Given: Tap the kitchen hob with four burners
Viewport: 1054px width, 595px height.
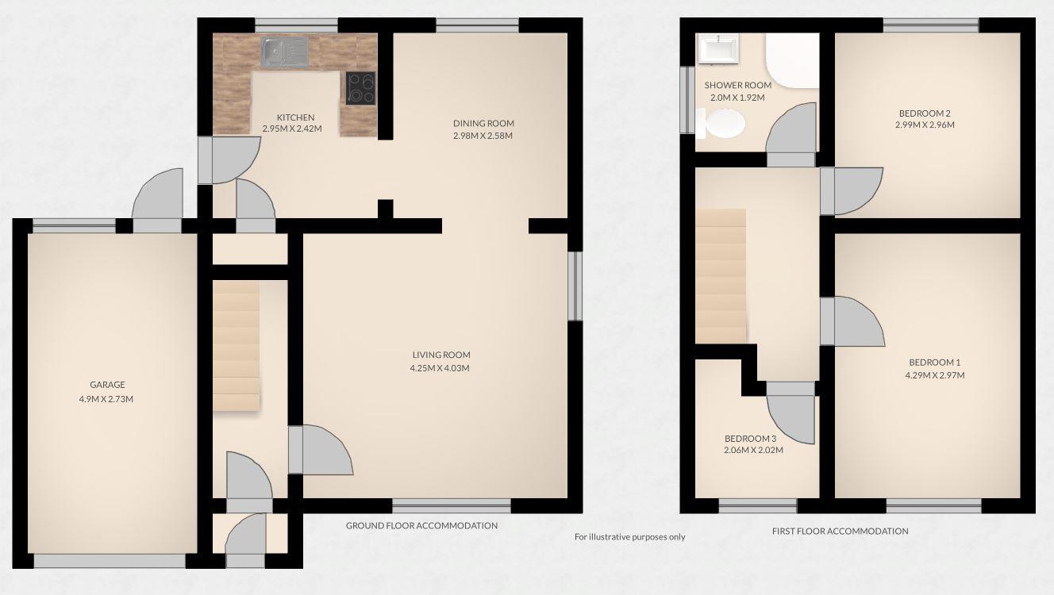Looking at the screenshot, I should pos(361,87).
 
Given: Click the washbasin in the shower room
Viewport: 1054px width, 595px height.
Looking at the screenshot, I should pos(717,49).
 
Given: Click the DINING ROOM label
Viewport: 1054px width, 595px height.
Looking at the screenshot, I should pos(483,123).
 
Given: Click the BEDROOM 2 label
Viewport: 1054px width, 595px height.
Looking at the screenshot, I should pos(925,113).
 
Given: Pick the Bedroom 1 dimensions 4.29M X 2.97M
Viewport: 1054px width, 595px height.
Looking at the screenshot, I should pos(936,375).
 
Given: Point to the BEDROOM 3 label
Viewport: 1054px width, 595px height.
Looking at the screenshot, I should pos(750,439).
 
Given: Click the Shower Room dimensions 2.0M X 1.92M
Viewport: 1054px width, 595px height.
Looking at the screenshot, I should pos(737,98).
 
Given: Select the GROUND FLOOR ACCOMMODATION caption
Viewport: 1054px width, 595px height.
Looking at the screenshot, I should pos(421,525).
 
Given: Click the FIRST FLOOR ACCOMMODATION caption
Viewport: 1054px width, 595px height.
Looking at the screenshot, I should pos(840,531).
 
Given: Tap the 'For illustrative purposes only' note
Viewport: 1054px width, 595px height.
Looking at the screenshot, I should pos(629,537).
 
